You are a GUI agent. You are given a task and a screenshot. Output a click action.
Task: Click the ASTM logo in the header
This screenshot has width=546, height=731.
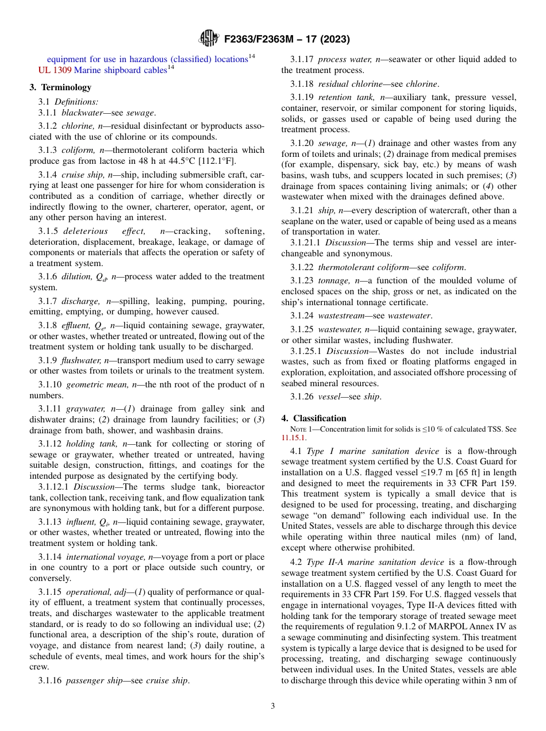(209, 39)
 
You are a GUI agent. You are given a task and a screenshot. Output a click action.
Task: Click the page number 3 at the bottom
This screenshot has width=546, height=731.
(272, 706)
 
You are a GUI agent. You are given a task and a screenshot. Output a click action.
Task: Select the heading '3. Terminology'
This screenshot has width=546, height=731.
(60, 87)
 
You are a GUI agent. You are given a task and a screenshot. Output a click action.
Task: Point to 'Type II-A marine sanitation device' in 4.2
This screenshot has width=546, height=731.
(375, 562)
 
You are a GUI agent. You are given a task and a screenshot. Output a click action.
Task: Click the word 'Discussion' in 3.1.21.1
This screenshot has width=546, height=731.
(347, 243)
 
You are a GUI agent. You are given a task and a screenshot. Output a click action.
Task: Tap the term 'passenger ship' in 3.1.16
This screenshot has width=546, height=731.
(94, 680)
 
